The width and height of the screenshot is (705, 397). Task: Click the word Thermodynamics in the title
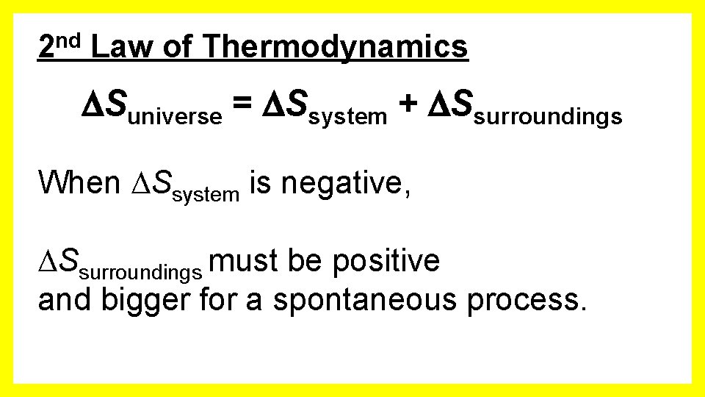coord(335,48)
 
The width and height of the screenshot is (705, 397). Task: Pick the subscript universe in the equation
coord(175,116)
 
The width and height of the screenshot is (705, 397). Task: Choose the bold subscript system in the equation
coord(347,116)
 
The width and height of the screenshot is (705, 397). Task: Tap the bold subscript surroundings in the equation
coord(548,116)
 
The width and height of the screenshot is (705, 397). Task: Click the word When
coord(79,182)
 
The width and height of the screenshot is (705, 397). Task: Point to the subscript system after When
coord(205,194)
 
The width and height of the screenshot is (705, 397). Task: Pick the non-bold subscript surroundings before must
coord(140,273)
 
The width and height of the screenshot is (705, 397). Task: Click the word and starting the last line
coord(61,300)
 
